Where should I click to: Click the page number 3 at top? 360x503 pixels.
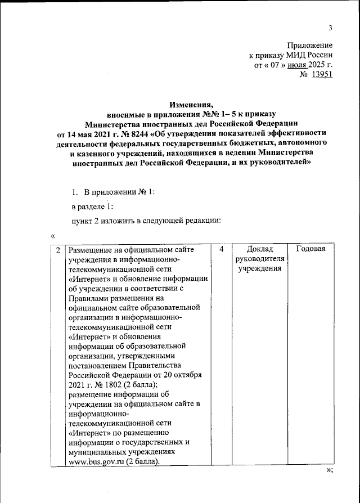(331, 28)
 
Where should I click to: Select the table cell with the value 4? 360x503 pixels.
(222, 249)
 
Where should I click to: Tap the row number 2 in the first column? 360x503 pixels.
(58, 249)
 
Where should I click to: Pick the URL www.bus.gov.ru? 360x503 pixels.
(96, 462)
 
